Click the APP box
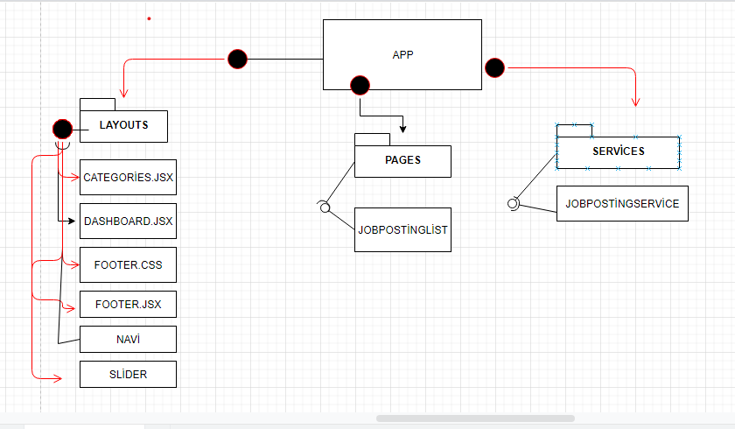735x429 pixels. click(x=402, y=54)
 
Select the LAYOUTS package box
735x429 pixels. click(x=123, y=125)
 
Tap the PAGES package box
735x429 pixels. click(x=402, y=160)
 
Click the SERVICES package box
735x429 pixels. click(x=618, y=151)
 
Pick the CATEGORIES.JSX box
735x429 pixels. click(x=128, y=177)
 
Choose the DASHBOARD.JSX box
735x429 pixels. click(x=128, y=222)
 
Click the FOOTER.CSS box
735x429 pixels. click(x=128, y=264)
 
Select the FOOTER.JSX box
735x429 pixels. click(x=128, y=304)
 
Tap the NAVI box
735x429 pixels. click(x=128, y=339)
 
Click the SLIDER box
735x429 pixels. click(x=128, y=374)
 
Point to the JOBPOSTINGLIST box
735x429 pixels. click(x=402, y=229)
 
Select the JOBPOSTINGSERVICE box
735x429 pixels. click(x=622, y=203)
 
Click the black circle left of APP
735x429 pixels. click(x=237, y=59)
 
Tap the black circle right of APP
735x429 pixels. click(x=494, y=67)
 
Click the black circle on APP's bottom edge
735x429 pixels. click(x=360, y=85)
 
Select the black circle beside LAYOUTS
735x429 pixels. click(x=62, y=130)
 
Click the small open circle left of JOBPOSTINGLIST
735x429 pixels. click(x=324, y=207)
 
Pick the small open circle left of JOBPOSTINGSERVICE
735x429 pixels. click(x=513, y=204)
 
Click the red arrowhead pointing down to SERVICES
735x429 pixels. click(x=636, y=102)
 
